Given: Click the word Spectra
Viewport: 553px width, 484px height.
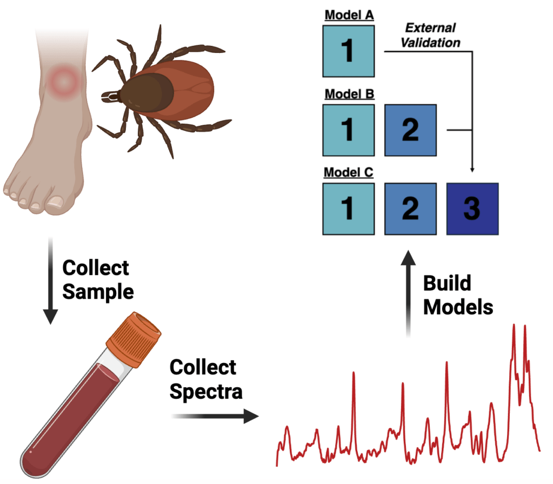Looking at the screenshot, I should click(206, 391).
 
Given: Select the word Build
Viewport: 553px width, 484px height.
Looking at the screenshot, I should click(447, 283).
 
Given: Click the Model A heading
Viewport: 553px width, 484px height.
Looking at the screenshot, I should click(349, 15).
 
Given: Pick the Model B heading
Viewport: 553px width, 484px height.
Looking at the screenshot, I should click(349, 94).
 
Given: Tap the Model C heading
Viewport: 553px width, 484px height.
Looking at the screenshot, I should click(349, 173).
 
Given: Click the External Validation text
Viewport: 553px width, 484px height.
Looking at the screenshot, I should click(430, 35).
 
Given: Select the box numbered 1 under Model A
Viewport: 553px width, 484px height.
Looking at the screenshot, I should click(349, 51).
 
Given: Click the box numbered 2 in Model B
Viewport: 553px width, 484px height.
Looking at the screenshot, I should click(410, 130).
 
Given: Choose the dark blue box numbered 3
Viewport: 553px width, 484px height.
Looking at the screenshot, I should click(472, 209).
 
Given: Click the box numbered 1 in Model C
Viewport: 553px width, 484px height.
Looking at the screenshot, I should click(349, 209).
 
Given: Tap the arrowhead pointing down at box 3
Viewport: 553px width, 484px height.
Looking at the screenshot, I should click(472, 169).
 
